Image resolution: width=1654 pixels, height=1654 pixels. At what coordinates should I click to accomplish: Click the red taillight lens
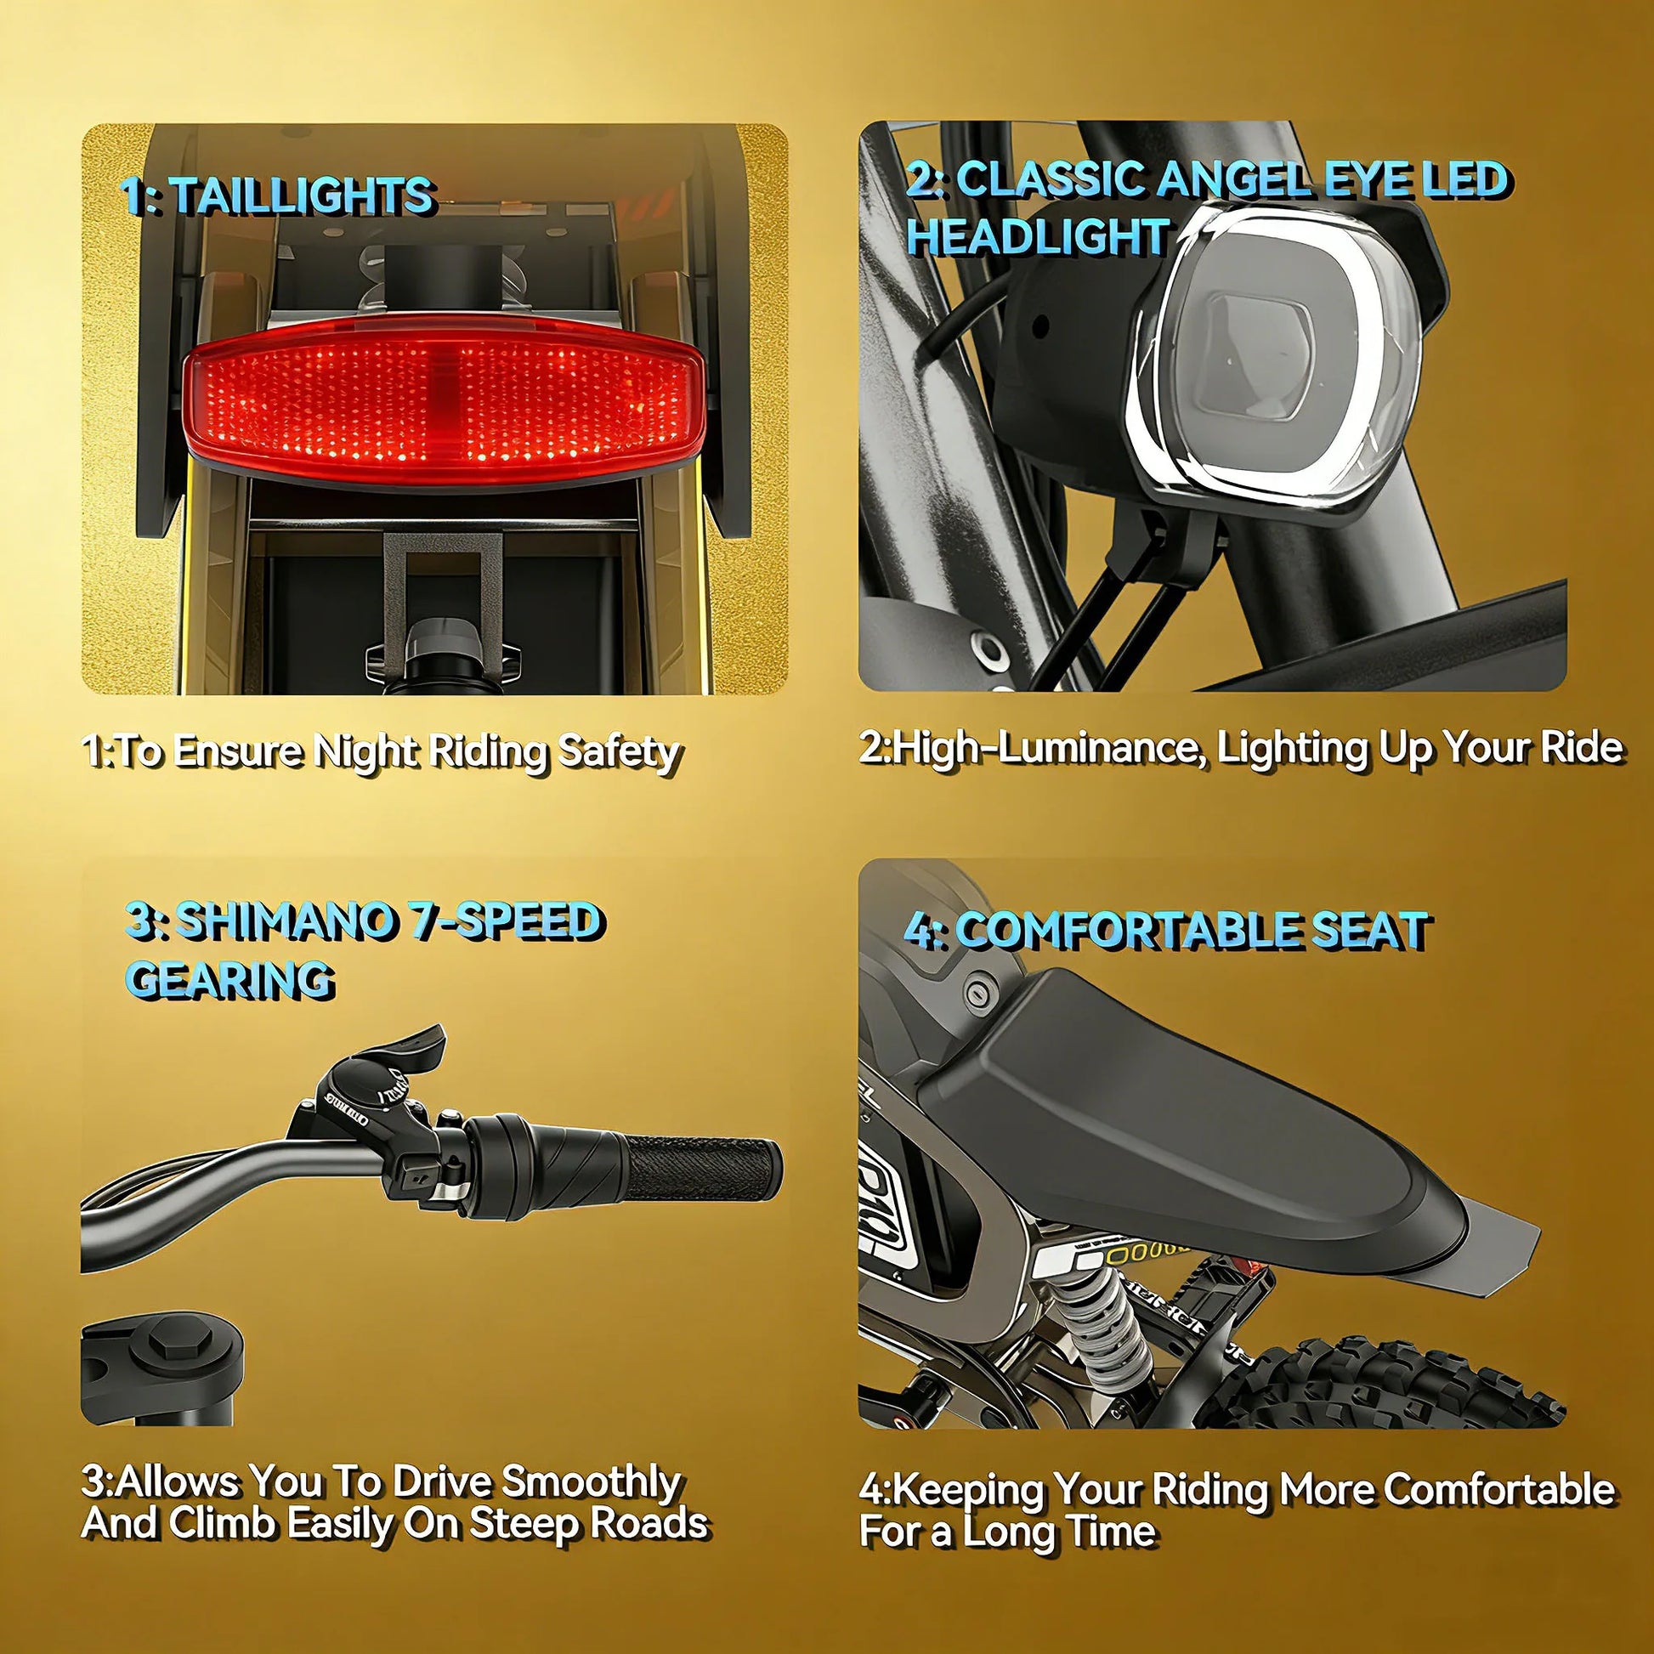[444, 400]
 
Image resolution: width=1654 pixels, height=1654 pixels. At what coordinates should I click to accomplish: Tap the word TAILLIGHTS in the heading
[304, 196]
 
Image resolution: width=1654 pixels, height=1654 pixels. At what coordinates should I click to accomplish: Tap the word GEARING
[229, 978]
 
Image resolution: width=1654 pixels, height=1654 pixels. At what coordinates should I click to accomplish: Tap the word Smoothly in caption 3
[592, 1482]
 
